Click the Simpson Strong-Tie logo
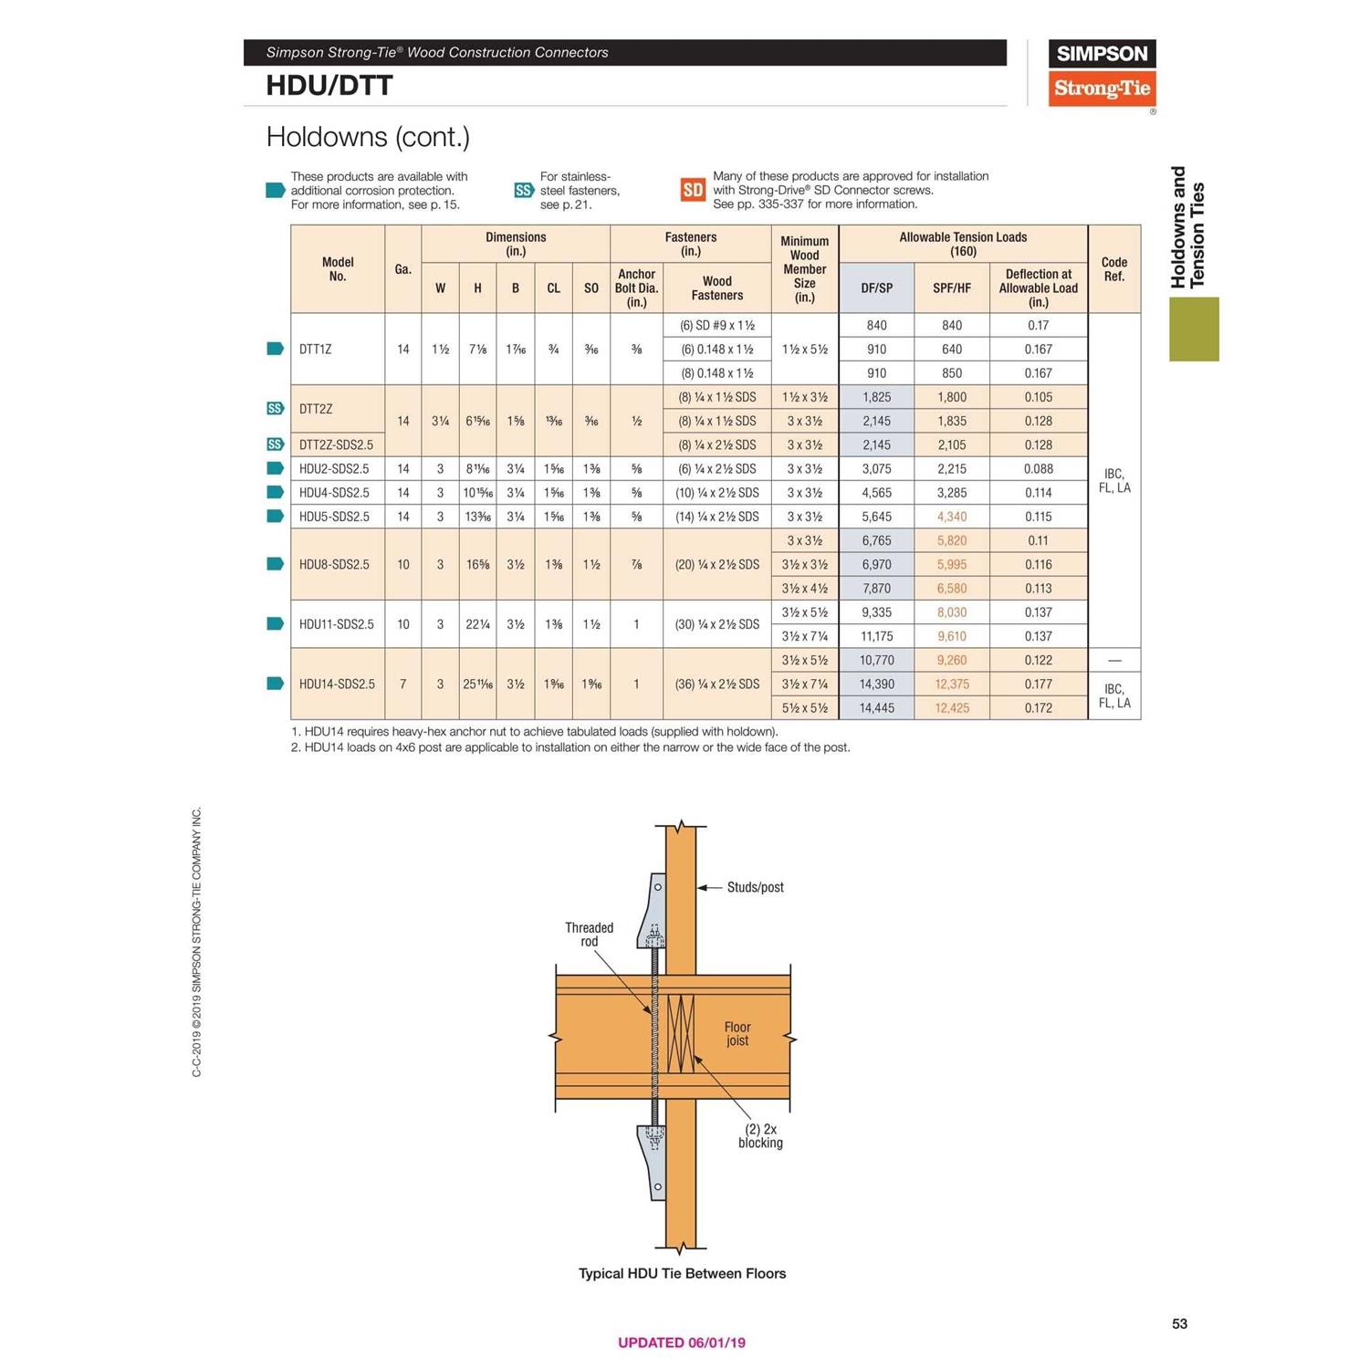coord(1102,73)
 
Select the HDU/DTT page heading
coord(329,86)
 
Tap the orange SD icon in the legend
coord(693,190)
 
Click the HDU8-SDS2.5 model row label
coord(334,565)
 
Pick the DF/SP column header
coord(876,288)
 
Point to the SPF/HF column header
coord(951,288)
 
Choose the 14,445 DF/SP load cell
coord(876,708)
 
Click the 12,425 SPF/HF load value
coord(951,708)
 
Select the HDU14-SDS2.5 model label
coord(337,684)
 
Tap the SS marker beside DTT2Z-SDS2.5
coord(275,444)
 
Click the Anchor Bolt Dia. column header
coord(636,287)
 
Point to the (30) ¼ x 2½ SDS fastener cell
coord(716,624)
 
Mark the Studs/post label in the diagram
coord(755,887)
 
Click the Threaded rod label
coord(589,935)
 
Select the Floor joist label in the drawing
coord(737,1034)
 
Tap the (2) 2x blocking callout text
coord(760,1136)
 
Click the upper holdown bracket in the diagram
coord(654,913)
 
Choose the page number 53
coord(1179,1323)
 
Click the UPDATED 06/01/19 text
coord(682,1343)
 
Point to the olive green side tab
coord(1194,329)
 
